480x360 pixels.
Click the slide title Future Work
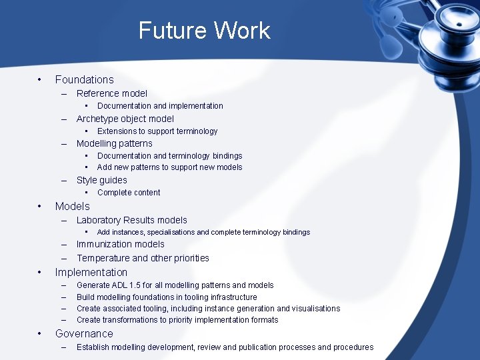tap(204, 31)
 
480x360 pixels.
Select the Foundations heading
tap(84, 79)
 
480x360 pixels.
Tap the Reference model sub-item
tap(111, 93)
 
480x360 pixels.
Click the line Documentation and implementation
tap(160, 106)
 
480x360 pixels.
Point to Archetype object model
tap(125, 119)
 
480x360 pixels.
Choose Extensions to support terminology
tap(157, 131)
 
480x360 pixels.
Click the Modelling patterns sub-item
tap(114, 143)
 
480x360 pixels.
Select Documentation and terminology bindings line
tap(169, 156)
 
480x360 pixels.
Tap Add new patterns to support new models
tap(169, 167)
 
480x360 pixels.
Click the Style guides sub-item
tap(101, 180)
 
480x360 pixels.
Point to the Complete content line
tap(129, 193)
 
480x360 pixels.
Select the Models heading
tap(72, 206)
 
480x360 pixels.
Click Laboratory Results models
tap(131, 220)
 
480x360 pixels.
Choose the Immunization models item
tap(120, 244)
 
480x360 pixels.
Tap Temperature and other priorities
tap(143, 258)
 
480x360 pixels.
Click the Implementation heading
tap(91, 272)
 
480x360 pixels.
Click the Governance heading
tap(84, 333)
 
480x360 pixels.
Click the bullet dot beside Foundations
tap(41, 79)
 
